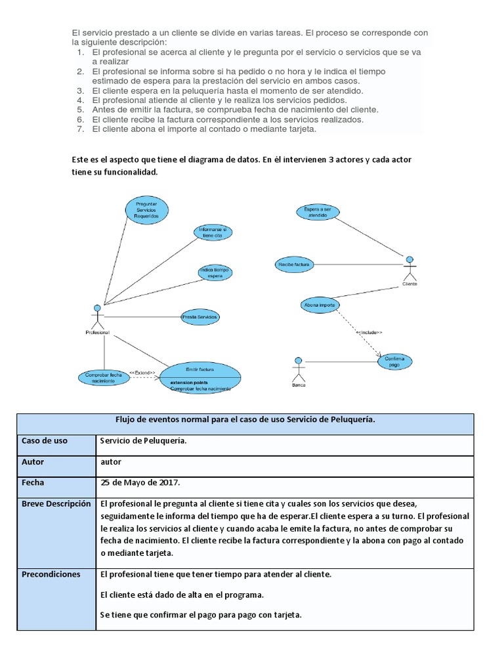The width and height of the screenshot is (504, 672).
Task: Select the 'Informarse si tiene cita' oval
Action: click(x=213, y=232)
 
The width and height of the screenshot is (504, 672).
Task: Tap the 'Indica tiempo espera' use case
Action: click(x=215, y=273)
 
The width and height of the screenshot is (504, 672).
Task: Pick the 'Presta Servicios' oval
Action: click(x=200, y=317)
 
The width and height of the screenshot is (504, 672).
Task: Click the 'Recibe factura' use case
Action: click(x=293, y=264)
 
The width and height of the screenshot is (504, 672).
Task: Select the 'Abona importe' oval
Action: click(x=320, y=305)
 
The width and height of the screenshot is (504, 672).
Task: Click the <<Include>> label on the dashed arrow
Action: click(x=369, y=333)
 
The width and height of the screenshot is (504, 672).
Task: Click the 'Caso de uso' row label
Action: click(x=45, y=441)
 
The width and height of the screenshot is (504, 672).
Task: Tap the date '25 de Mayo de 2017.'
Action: click(x=140, y=482)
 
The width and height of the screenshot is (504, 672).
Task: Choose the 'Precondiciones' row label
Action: click(x=51, y=574)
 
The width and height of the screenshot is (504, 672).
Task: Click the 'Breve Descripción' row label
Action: click(x=56, y=504)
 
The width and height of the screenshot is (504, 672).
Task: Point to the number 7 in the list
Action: click(x=80, y=129)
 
